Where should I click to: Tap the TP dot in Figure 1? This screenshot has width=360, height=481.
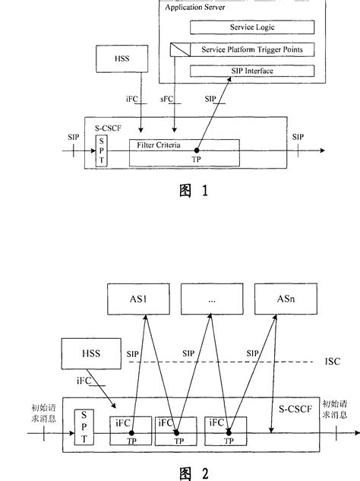pyautogui.click(x=197, y=150)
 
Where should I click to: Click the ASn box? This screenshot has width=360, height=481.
pyautogui.click(x=275, y=300)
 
